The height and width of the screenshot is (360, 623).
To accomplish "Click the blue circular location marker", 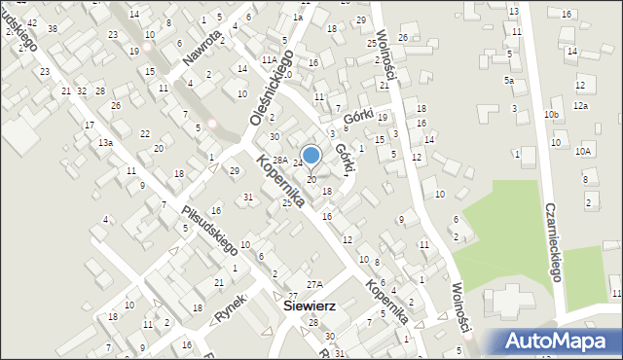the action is click(311, 155).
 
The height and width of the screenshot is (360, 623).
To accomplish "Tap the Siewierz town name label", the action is click(310, 305).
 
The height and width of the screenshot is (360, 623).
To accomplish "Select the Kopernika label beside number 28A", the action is click(281, 181).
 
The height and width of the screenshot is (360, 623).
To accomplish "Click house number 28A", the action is click(278, 160).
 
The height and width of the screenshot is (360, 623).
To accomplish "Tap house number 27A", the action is click(313, 284).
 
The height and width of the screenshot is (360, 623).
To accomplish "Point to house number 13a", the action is click(104, 143).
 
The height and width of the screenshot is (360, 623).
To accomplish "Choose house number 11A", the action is click(268, 59).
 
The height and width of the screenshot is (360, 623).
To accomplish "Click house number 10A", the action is click(583, 151).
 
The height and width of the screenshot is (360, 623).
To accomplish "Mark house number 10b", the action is click(552, 115).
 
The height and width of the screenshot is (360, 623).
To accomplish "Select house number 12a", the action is click(580, 105).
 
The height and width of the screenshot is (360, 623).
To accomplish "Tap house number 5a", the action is click(508, 80).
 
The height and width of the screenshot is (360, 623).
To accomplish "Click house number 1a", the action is click(298, 17).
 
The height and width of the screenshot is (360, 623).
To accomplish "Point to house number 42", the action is click(33, 21).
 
